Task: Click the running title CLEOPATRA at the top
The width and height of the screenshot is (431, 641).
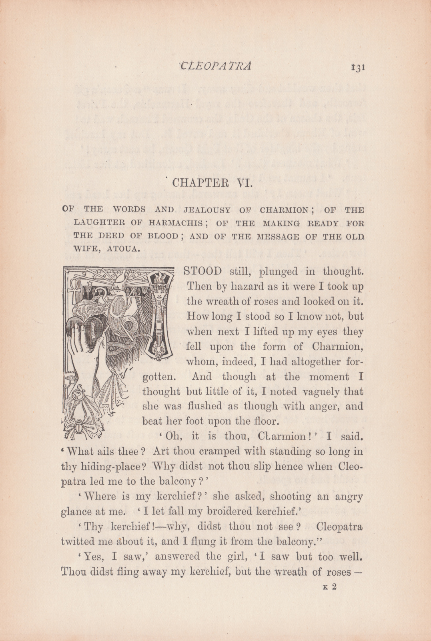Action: click(x=216, y=66)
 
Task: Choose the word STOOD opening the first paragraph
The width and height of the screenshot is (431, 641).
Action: click(x=202, y=272)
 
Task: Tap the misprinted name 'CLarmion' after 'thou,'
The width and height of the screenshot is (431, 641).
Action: click(x=283, y=436)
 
